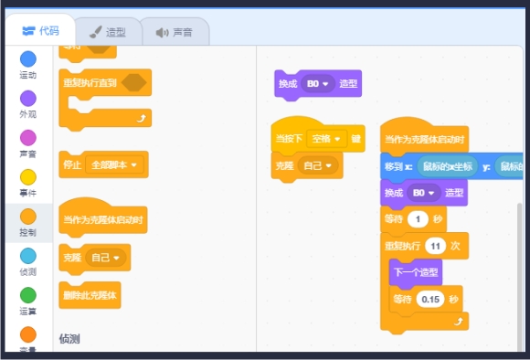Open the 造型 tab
tap(107, 32)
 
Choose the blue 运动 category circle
tap(28, 59)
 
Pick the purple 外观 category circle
tap(28, 98)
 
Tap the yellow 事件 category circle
tap(28, 177)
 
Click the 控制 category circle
tap(28, 217)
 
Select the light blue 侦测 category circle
tap(28, 256)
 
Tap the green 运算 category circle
tap(28, 295)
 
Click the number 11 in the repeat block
tap(435, 247)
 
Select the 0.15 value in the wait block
tap(429, 299)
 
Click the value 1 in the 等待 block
tap(418, 219)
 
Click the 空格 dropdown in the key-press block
tap(323, 139)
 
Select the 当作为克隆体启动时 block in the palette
tap(102, 219)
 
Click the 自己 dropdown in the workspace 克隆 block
tap(318, 166)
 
